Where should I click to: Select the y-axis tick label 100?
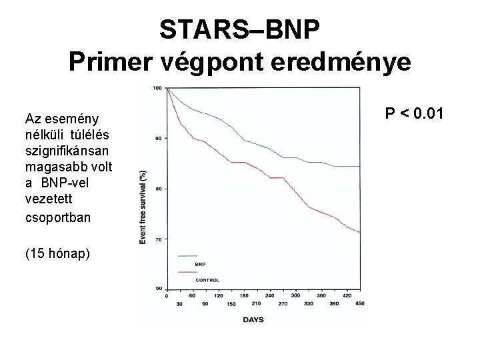[x=157, y=88]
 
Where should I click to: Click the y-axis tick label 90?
[x=158, y=138]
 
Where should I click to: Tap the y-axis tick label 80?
[x=158, y=189]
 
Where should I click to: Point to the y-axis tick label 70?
[x=158, y=239]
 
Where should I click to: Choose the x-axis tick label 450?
[x=361, y=303]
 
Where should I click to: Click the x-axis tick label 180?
[x=243, y=295]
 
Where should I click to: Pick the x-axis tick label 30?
[x=179, y=303]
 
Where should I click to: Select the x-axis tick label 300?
[x=295, y=295]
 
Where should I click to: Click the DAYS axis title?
[x=253, y=319]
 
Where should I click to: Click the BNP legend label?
[x=199, y=265]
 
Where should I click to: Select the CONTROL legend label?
[x=207, y=280]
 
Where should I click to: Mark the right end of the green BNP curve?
[x=359, y=166]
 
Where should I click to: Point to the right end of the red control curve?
[x=359, y=232]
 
